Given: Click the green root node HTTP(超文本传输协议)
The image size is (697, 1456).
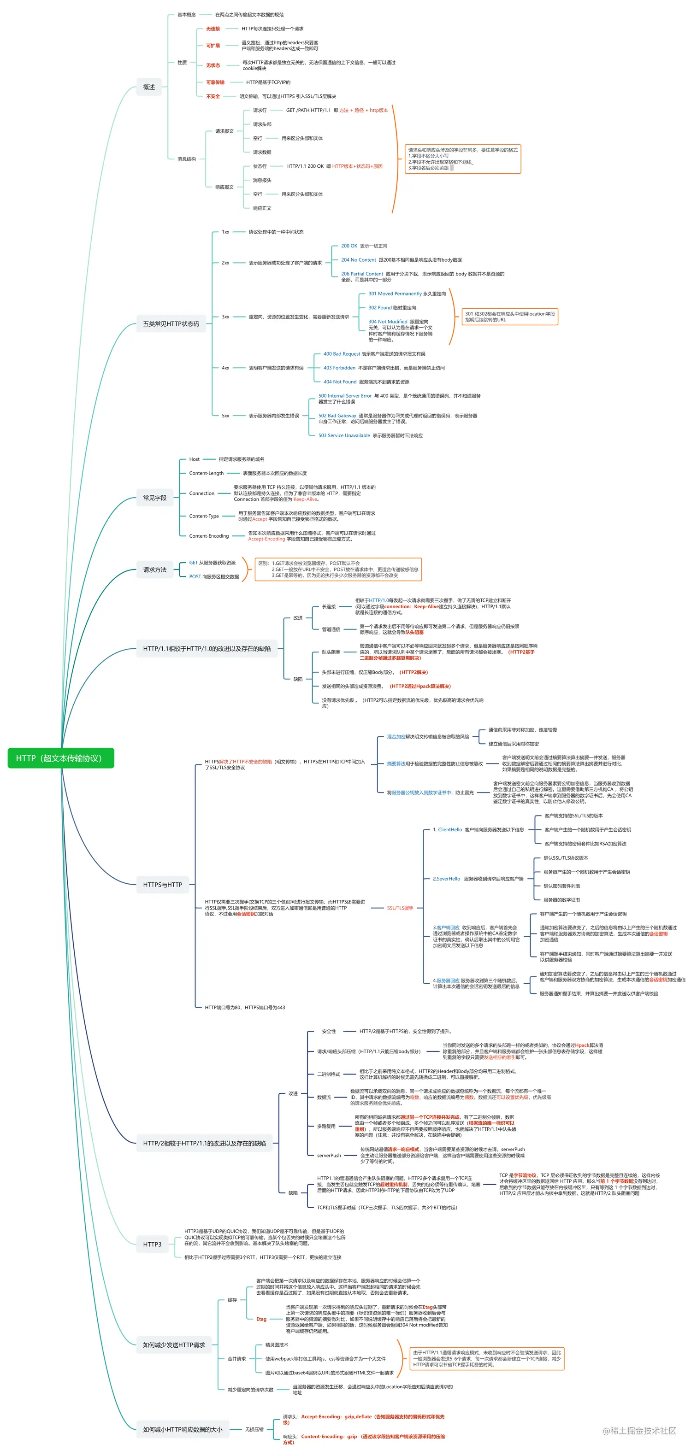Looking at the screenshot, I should (60, 758).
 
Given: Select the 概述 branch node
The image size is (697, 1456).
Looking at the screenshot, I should (149, 87).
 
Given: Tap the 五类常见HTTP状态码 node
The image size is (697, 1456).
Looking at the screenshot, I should (171, 324).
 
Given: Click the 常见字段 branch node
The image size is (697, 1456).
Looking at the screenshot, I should (154, 498).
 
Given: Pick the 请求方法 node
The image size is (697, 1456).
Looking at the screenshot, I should (154, 570).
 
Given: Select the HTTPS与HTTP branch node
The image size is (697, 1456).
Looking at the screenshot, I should (162, 885).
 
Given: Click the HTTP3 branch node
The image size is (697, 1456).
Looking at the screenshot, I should (152, 1244).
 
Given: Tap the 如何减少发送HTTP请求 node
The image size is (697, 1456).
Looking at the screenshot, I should (173, 1344).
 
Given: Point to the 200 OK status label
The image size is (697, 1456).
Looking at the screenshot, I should (349, 246).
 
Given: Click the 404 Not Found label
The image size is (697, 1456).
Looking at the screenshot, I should (340, 382).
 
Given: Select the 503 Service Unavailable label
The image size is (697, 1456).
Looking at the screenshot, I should (344, 435).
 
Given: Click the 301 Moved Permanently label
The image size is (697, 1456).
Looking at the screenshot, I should (395, 294).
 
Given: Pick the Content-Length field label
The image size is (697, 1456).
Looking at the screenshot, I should (207, 473).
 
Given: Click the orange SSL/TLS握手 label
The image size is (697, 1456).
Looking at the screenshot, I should (400, 908).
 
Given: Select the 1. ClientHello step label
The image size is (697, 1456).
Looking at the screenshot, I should (447, 830).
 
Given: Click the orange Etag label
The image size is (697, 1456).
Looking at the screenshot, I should (261, 1319).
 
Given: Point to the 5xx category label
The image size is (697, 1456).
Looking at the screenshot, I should (225, 416).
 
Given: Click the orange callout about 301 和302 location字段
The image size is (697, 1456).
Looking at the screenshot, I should (509, 317).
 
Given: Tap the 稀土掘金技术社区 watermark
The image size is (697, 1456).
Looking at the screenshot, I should (639, 1431).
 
